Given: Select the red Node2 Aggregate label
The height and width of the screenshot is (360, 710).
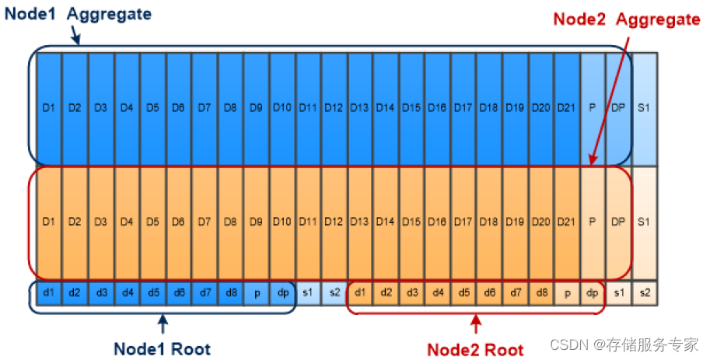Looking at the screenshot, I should point(626,19).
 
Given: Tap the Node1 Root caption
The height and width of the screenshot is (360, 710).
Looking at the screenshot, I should point(162,348).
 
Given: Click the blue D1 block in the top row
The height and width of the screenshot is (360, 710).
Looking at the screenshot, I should point(49,108).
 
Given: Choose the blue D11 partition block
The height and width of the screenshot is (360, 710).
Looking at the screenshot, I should point(308,108).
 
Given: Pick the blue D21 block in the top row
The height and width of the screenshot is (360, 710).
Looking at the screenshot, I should point(566,108).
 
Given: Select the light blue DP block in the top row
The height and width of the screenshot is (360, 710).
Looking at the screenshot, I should point(618,108).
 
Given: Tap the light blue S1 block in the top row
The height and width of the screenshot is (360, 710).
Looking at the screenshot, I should point(644,108).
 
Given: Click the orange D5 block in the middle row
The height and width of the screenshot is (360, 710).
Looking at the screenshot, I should point(152,222).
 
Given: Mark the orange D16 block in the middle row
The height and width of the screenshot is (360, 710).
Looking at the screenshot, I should point(437,222).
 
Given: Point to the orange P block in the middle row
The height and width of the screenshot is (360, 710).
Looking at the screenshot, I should point(593,222).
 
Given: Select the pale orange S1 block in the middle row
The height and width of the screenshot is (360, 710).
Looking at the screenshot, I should point(644,222).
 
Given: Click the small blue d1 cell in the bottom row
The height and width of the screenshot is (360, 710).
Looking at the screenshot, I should point(49,292).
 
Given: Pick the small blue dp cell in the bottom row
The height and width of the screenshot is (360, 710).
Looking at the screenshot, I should point(282,292).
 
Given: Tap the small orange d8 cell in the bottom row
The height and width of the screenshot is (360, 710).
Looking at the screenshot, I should point(540,292).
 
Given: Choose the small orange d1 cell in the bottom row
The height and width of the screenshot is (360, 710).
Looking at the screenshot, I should point(359,292).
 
